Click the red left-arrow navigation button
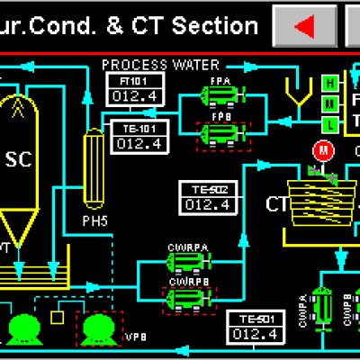point(305,26)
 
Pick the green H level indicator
point(331,84)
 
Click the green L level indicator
point(331,122)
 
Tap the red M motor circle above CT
point(321,149)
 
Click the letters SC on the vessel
point(19,160)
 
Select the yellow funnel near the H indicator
point(294,92)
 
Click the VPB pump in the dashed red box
point(93,328)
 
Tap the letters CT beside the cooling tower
point(277,203)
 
